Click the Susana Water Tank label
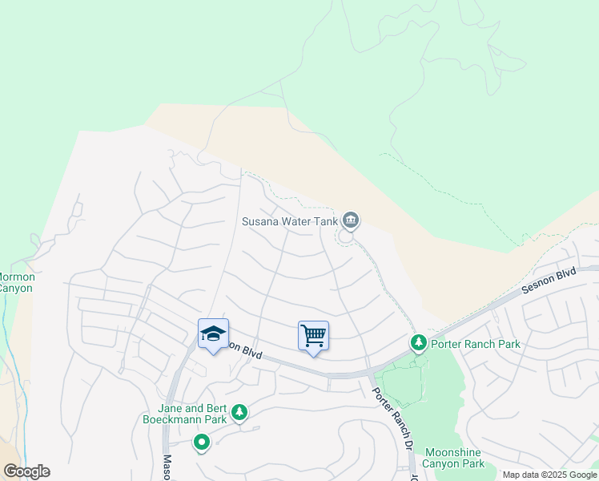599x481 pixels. coord(289,220)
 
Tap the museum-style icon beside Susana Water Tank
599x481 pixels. coord(350,220)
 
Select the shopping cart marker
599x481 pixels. coord(313,335)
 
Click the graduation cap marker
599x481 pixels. coord(213,333)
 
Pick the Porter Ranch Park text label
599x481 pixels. coord(476,344)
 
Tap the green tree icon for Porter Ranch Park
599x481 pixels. coord(418,343)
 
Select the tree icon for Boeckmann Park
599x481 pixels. coord(239,413)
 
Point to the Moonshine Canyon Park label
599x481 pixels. coord(454,458)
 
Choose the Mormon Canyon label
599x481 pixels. coord(16,282)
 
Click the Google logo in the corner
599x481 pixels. coord(26,471)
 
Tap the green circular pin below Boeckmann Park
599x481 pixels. coord(202,442)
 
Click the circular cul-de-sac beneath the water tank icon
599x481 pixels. coord(347,236)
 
